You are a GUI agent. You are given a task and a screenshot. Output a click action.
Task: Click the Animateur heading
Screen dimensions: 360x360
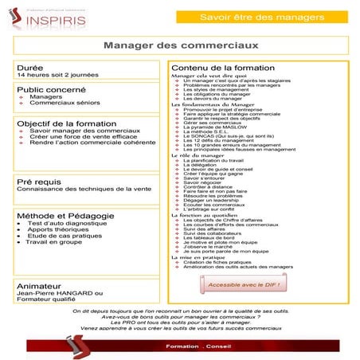(x=39, y=285)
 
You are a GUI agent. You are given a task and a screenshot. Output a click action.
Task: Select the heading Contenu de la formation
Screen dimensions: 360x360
(x=221, y=68)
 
